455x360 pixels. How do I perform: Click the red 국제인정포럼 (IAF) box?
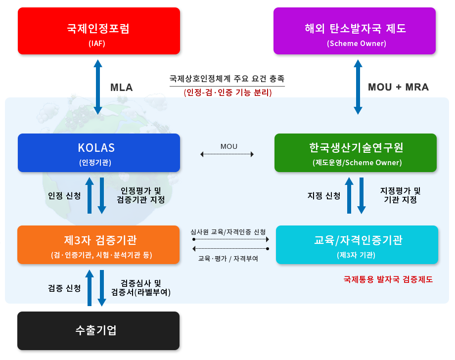[97, 31]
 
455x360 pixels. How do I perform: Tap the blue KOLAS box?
[98, 153]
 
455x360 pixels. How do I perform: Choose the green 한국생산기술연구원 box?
[356, 153]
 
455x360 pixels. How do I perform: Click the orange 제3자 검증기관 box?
[98, 245]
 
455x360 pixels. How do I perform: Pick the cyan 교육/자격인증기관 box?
[357, 245]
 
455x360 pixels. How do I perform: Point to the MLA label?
[122, 88]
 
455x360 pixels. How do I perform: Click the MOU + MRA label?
[399, 88]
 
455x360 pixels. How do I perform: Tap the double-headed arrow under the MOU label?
[227, 155]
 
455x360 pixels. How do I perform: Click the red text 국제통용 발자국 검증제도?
[388, 279]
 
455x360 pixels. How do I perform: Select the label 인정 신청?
[64, 196]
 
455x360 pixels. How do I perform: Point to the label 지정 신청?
[323, 196]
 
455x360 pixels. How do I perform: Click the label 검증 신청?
[64, 288]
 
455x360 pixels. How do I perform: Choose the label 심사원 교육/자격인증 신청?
[228, 231]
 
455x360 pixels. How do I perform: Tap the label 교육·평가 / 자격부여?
[228, 258]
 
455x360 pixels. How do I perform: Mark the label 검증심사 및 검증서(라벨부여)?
[141, 288]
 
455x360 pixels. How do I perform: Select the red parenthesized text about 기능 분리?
[227, 92]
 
